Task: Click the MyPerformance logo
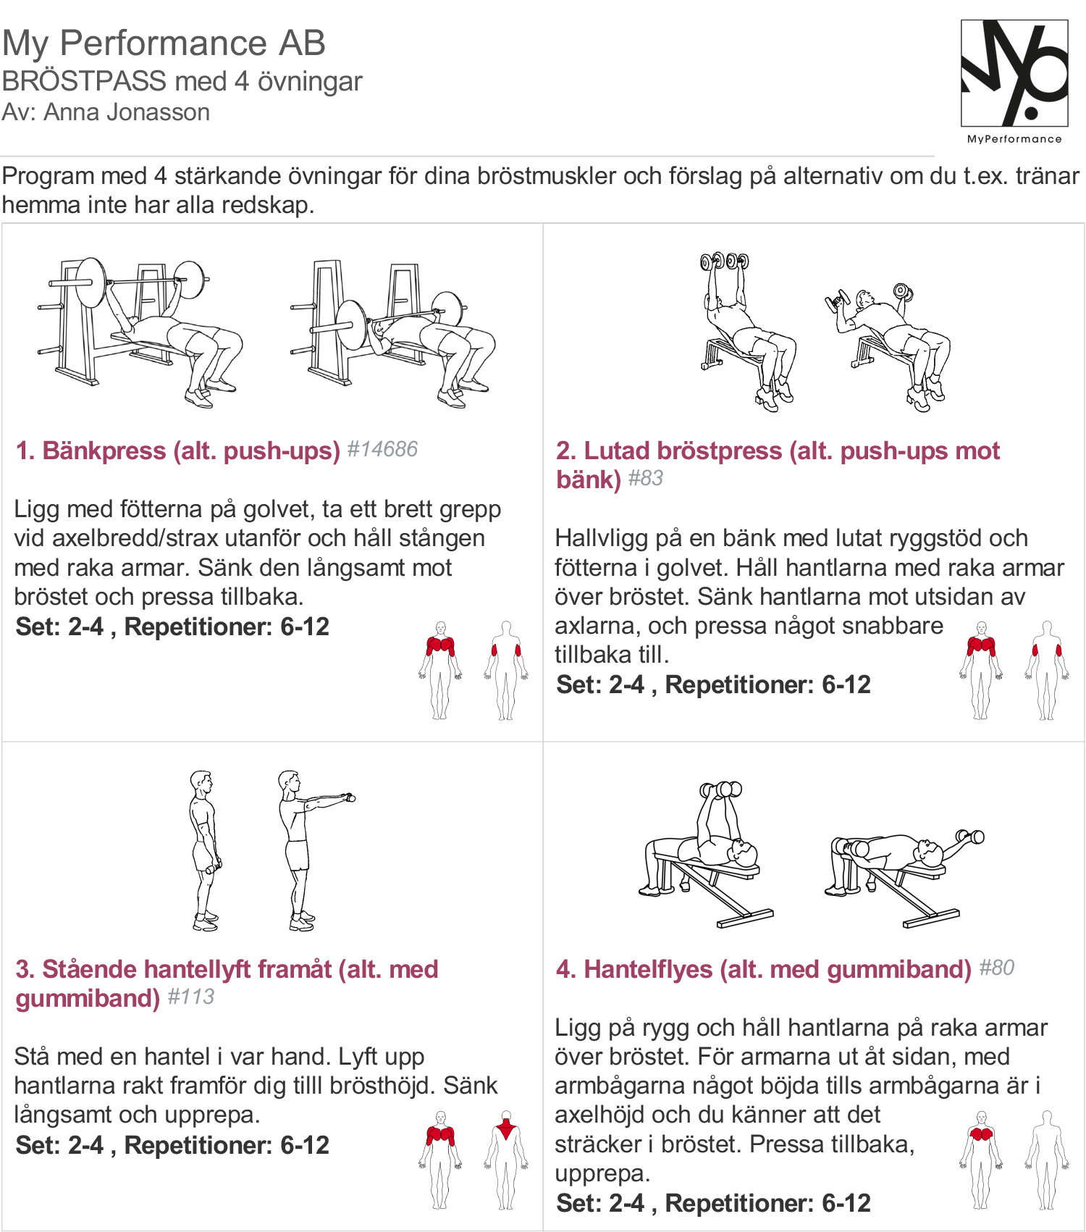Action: coord(1014,81)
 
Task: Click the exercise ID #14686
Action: coord(382,449)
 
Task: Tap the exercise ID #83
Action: coord(646,478)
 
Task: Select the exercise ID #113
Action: coord(191,997)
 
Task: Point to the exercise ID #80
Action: coord(997,968)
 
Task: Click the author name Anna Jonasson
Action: coord(127,112)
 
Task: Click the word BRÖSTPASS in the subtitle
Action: coord(85,81)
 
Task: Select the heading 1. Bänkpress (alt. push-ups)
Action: coord(178,451)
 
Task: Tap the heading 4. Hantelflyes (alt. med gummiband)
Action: coord(764,969)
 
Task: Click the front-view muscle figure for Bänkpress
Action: coord(440,670)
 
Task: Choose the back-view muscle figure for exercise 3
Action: coord(506,1160)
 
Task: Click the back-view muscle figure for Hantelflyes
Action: coord(1047,1160)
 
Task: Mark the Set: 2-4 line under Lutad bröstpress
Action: coord(713,684)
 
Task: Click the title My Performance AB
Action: coord(164,43)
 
